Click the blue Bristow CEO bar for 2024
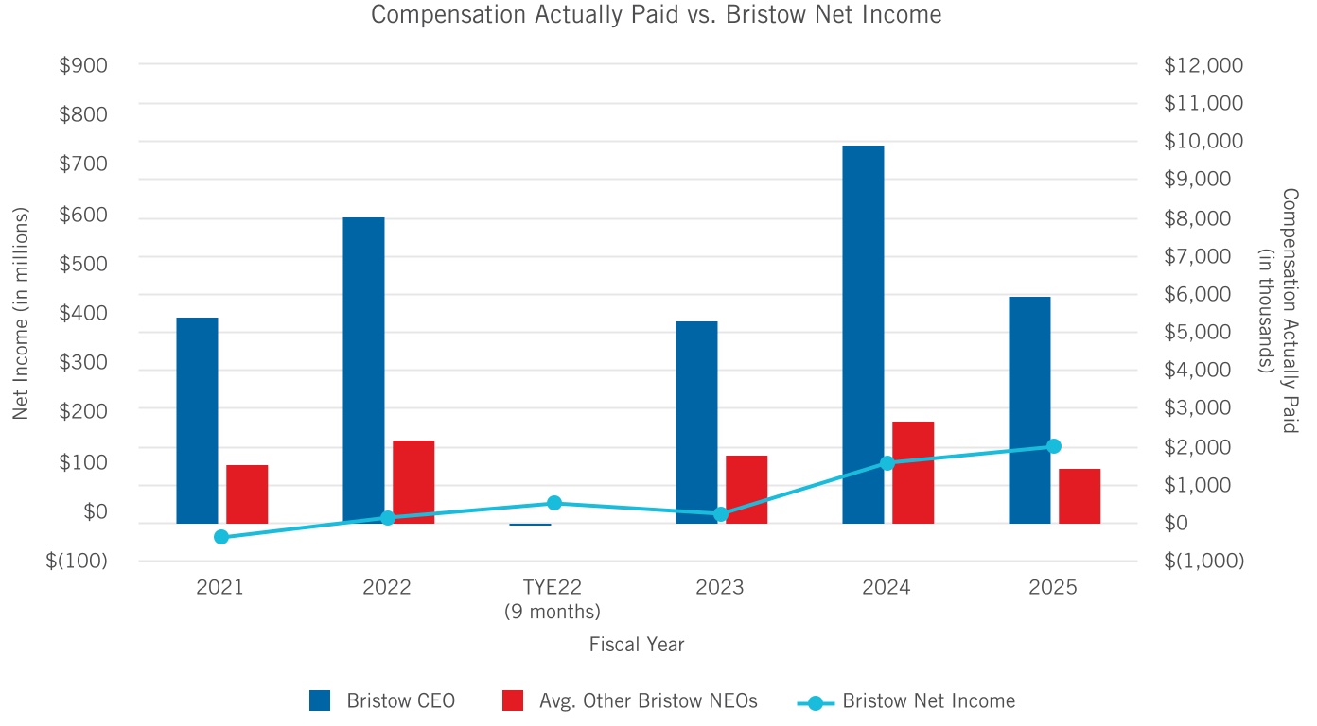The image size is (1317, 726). tap(863, 335)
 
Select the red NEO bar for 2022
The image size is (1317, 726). tap(413, 482)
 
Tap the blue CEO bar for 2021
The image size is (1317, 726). tap(197, 421)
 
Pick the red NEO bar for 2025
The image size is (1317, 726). tap(1080, 496)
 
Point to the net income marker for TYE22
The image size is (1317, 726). tap(554, 503)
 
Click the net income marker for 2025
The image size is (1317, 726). tap(1054, 446)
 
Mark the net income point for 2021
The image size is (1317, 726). tap(221, 537)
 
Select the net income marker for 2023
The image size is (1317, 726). tap(721, 514)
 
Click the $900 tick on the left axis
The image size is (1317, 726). tap(84, 65)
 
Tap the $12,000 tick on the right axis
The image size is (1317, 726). tap(1203, 65)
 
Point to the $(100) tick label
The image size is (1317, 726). tap(77, 561)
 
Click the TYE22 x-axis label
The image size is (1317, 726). tap(553, 587)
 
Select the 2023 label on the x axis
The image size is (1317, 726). tap(720, 587)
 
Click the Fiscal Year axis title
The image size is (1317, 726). tap(637, 645)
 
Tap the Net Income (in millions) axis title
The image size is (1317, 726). tap(22, 313)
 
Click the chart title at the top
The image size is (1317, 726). tap(657, 15)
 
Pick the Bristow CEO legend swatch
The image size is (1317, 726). tap(320, 700)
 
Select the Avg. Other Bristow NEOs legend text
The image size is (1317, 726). tap(648, 701)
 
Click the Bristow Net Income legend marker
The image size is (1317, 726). tap(815, 701)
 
